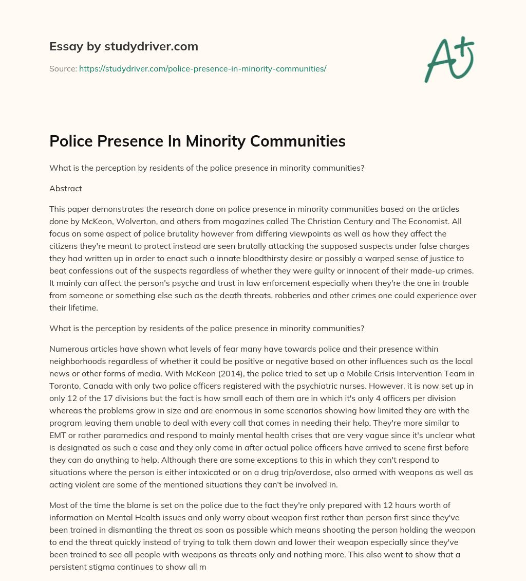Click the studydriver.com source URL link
(202, 68)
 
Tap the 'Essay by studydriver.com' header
(124, 46)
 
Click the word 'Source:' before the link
(63, 68)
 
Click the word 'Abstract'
(66, 188)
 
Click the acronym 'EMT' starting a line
(58, 435)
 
